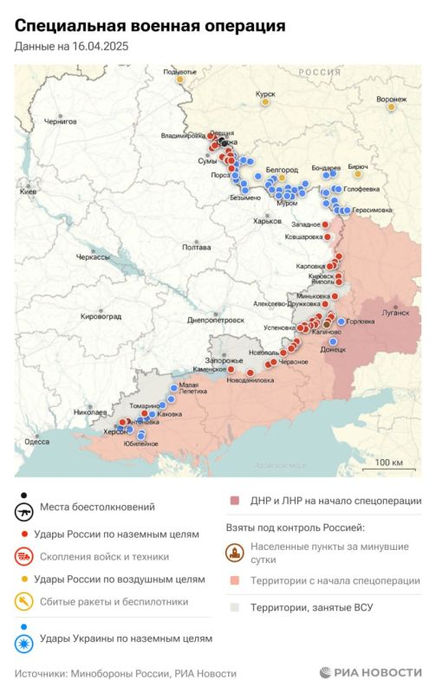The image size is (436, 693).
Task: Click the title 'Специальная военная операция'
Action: pos(150,28)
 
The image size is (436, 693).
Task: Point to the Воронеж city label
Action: pos(392,99)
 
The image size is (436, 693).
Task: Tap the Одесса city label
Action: pos(36,442)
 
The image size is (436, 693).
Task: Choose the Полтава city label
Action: pos(196,248)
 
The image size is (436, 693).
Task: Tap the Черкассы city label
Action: pos(93,257)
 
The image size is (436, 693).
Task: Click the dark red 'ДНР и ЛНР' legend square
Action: pos(234,501)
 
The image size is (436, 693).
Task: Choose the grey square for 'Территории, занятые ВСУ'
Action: pos(234,607)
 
